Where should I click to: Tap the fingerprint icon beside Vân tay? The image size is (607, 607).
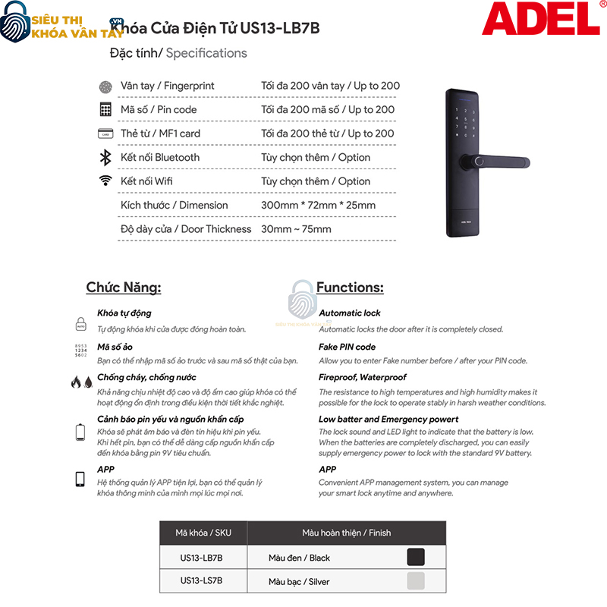point(105,86)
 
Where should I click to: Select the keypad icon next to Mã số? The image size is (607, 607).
point(105,110)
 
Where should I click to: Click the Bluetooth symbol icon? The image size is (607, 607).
point(105,158)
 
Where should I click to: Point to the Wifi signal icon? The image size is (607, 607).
point(105,181)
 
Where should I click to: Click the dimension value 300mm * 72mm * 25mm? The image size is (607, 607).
point(318,205)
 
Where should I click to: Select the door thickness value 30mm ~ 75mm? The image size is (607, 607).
point(296,229)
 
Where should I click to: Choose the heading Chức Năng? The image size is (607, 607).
point(124,288)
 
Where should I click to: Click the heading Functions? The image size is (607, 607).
point(350,288)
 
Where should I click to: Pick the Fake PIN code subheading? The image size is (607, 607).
point(348,347)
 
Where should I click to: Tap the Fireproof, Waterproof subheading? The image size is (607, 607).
point(363,377)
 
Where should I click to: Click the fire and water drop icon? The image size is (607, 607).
point(81,382)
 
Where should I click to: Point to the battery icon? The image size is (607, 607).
point(81,433)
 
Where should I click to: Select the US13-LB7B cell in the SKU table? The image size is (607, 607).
point(202,558)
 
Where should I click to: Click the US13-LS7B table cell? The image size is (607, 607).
point(202,580)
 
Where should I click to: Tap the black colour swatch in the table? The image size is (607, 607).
point(416,558)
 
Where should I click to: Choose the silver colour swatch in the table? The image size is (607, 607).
point(416,581)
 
